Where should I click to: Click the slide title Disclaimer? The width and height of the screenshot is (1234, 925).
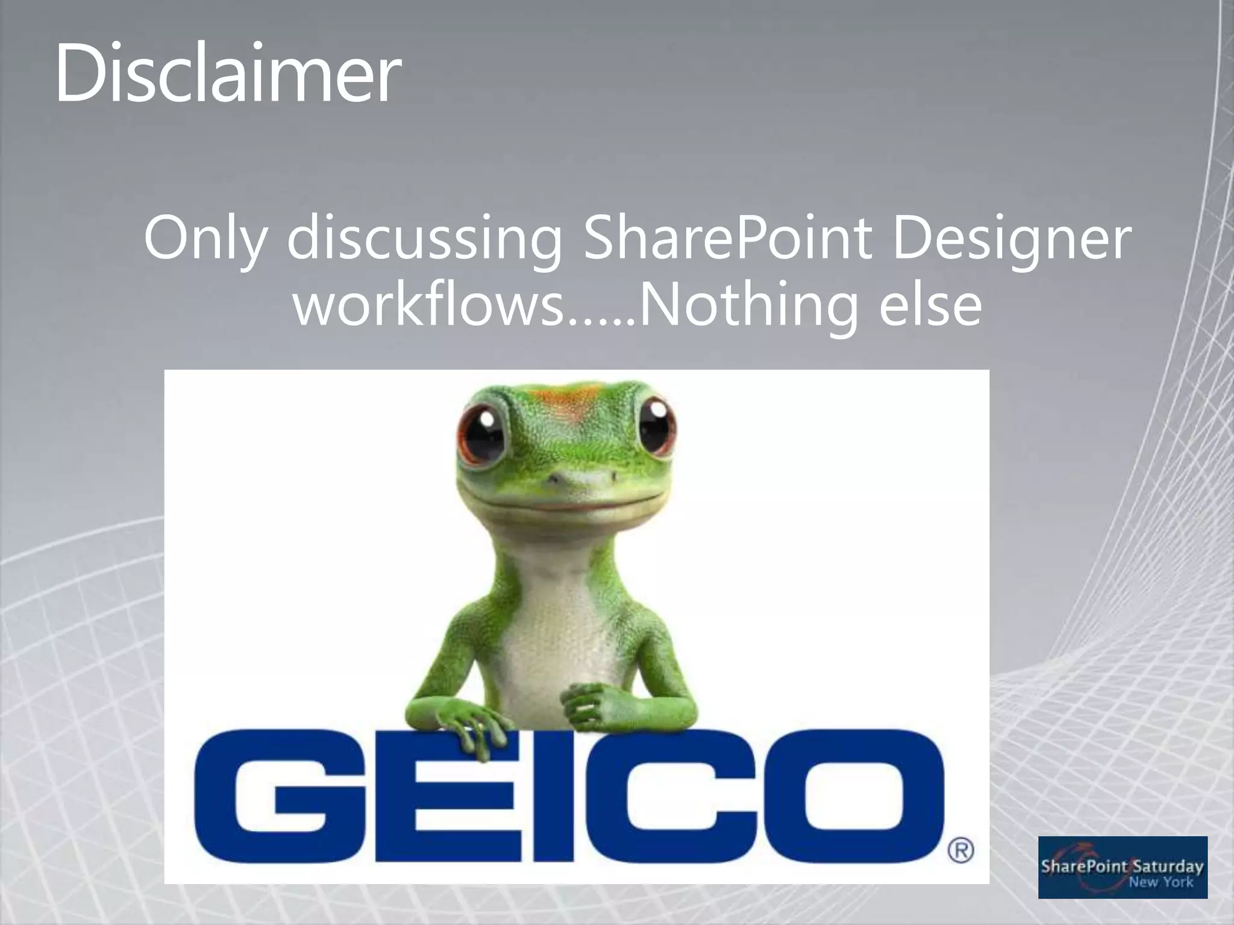coord(227,73)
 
